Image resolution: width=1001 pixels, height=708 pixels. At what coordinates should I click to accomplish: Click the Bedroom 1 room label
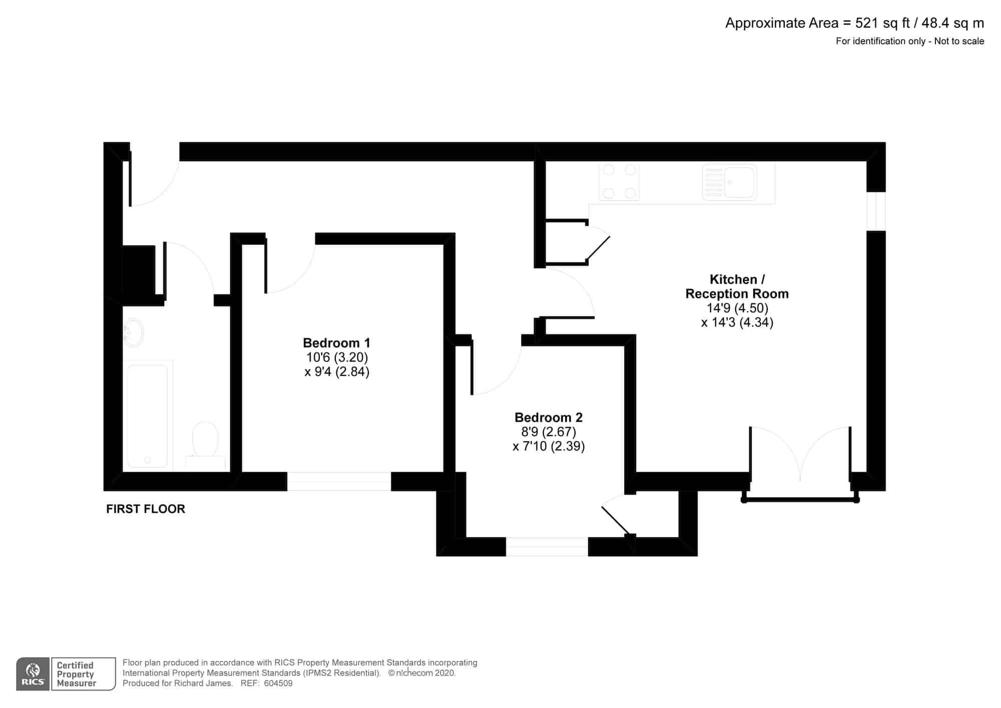tap(336, 343)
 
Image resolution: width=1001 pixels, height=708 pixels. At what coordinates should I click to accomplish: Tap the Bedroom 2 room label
tap(549, 418)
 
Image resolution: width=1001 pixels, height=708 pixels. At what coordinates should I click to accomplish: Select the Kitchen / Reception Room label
tap(737, 286)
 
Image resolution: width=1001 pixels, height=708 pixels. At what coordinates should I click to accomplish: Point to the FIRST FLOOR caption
tap(146, 509)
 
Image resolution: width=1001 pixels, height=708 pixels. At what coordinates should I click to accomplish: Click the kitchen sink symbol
tap(729, 183)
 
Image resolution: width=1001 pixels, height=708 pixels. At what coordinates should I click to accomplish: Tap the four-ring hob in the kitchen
tap(619, 182)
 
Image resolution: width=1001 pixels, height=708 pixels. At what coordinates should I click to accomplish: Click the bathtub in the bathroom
tap(148, 416)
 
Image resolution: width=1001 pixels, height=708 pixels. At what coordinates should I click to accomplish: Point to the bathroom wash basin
tap(133, 333)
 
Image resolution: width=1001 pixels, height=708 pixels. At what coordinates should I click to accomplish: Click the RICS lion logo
tap(33, 674)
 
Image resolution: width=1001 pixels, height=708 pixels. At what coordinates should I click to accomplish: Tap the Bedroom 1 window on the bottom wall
tap(339, 481)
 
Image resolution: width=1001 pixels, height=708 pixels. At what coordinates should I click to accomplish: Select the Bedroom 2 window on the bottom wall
tap(547, 547)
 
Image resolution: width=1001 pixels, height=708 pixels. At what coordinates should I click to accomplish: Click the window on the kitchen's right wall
tap(876, 211)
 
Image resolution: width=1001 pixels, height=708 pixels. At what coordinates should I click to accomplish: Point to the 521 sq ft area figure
tap(882, 24)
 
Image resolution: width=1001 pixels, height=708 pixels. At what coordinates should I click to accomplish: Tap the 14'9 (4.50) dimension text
tap(737, 308)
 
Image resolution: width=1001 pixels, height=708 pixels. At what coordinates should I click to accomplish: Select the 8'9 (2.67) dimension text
tap(549, 432)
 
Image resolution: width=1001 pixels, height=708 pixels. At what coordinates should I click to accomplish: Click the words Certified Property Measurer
tap(76, 674)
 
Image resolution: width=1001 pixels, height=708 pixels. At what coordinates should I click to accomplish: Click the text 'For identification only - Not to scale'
tap(910, 41)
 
